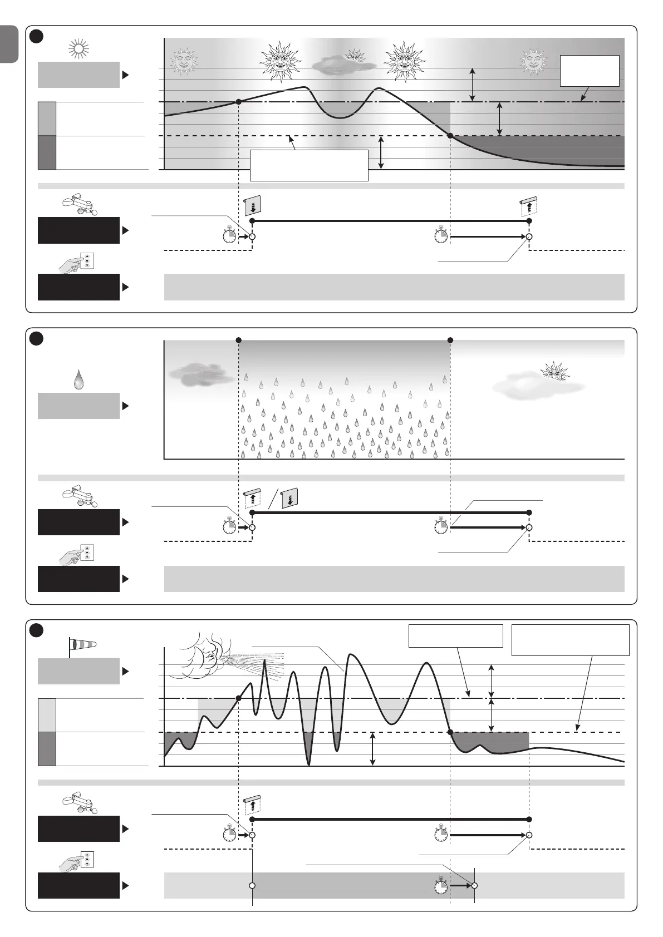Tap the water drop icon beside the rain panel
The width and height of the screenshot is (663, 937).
(79, 381)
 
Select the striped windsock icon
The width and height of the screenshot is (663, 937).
(82, 644)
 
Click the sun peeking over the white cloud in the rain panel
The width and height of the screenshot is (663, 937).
(554, 371)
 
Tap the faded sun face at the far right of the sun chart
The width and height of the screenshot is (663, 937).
(533, 61)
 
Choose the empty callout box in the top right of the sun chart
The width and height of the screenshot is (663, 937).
(590, 71)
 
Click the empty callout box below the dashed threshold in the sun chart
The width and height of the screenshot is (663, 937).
(309, 165)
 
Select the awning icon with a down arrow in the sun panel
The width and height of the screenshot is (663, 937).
(252, 205)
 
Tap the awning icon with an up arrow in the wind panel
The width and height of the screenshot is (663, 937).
(252, 805)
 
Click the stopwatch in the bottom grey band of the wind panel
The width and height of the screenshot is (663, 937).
(441, 885)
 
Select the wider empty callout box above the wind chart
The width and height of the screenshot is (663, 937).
(570, 640)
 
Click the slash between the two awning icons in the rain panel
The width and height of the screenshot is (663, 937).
(272, 498)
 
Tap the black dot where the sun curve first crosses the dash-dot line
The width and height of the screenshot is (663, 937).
(239, 102)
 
